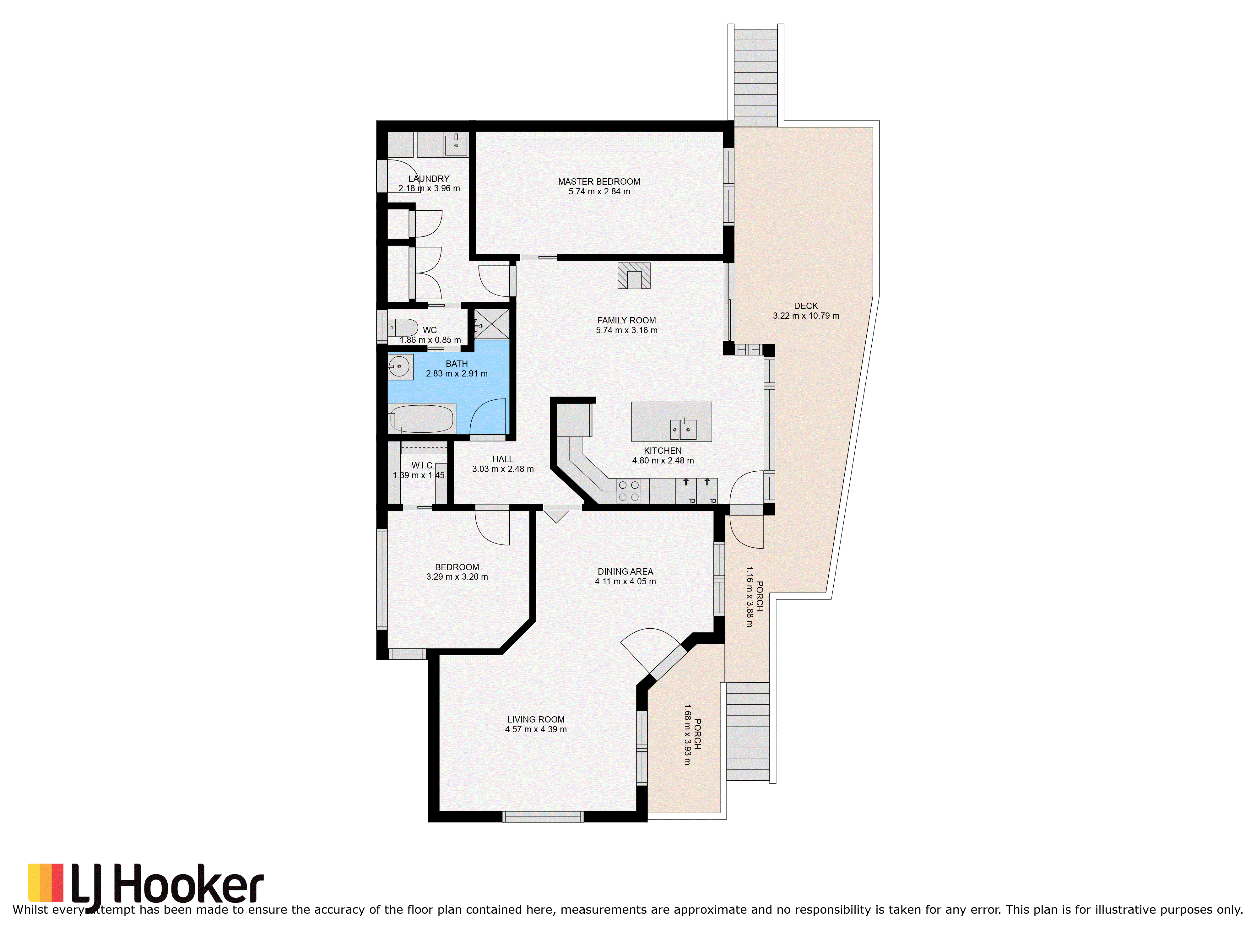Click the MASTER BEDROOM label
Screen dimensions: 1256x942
(x=599, y=182)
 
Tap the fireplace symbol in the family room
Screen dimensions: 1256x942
(x=634, y=276)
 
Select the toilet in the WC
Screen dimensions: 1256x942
(x=403, y=328)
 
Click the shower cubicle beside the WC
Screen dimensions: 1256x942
(x=492, y=324)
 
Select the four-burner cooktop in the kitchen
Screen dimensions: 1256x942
(x=629, y=491)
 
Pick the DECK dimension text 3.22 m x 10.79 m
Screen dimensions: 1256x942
(x=806, y=316)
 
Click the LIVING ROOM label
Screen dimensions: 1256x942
(x=536, y=719)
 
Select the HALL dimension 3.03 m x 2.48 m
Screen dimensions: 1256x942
(x=503, y=469)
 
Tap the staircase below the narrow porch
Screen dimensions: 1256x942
(x=748, y=731)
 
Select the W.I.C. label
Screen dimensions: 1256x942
(x=423, y=466)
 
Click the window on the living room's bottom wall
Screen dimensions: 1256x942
(x=543, y=817)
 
